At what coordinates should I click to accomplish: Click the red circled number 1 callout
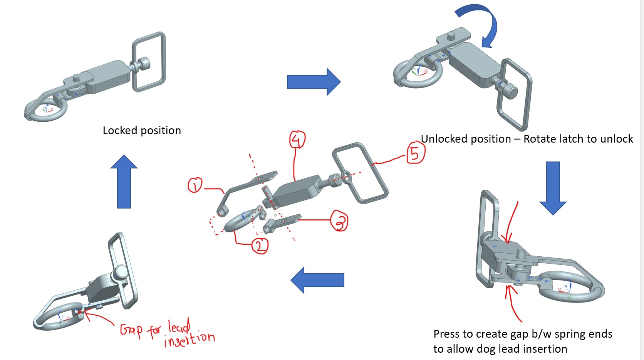tap(195, 185)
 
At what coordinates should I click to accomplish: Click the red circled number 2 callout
tap(260, 246)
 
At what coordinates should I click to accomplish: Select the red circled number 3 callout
tap(340, 221)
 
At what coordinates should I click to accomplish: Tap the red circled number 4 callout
tap(297, 140)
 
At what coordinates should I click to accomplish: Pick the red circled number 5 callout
tap(416, 153)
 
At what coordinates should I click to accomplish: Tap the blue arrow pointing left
tap(317, 280)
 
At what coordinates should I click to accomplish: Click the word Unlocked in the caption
tap(446, 139)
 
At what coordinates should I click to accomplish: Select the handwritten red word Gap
tap(131, 330)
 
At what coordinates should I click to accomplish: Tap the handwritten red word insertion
tap(189, 339)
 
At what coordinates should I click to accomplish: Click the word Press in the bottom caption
tap(446, 334)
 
